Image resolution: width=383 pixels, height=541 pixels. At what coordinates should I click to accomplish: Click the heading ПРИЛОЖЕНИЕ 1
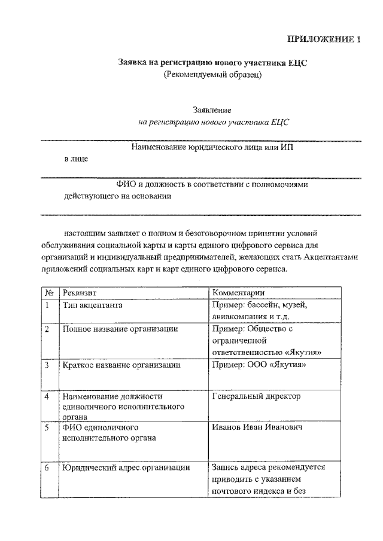[324, 41]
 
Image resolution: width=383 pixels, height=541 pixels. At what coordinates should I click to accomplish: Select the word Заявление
[212, 110]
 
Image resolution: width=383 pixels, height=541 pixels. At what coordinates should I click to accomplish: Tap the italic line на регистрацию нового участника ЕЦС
[213, 122]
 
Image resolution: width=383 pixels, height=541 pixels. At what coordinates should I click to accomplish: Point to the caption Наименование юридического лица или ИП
[212, 147]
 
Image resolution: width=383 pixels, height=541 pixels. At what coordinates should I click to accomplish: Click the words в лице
[77, 159]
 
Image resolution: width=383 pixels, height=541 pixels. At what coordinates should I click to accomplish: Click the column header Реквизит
[80, 293]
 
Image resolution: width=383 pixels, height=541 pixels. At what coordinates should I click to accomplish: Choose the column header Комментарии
[238, 293]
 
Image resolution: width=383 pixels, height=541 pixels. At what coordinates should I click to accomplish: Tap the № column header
[50, 293]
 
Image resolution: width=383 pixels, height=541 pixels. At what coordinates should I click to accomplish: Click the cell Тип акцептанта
[93, 305]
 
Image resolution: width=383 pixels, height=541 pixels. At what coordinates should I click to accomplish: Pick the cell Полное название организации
[120, 329]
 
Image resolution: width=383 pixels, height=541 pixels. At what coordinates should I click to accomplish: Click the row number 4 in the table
[47, 396]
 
